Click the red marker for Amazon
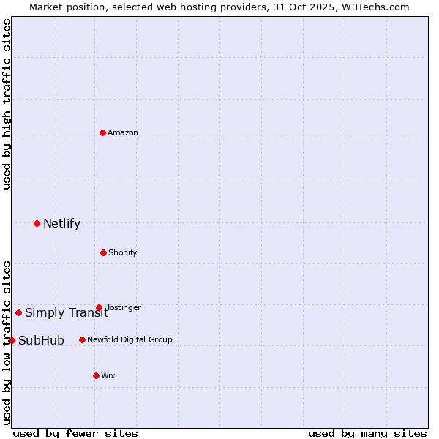point(103,132)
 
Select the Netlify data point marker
point(37,223)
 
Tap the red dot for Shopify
point(103,252)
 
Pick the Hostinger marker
point(99,307)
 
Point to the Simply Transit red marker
point(18,312)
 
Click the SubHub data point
point(12,340)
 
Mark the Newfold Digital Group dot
point(82,339)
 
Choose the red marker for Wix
point(96,375)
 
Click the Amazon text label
point(123,132)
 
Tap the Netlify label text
point(61,223)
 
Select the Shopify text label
point(123,252)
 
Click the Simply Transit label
point(67,313)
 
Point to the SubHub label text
point(41,340)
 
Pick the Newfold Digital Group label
point(130,339)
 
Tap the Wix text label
point(108,375)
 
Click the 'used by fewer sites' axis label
point(75,433)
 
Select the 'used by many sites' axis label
point(367,433)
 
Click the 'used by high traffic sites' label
point(7,104)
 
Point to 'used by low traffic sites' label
point(7,342)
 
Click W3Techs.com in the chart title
point(374,7)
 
